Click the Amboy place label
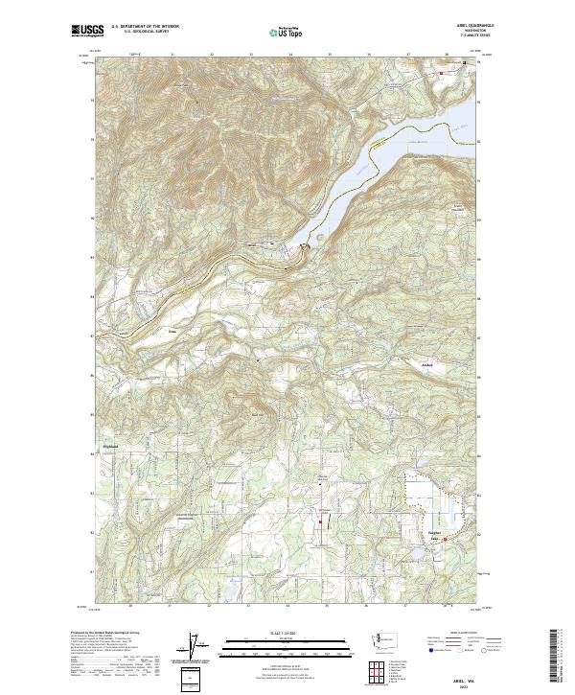click(427, 365)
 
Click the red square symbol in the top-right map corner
click(441, 72)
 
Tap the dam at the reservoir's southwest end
click(306, 248)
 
